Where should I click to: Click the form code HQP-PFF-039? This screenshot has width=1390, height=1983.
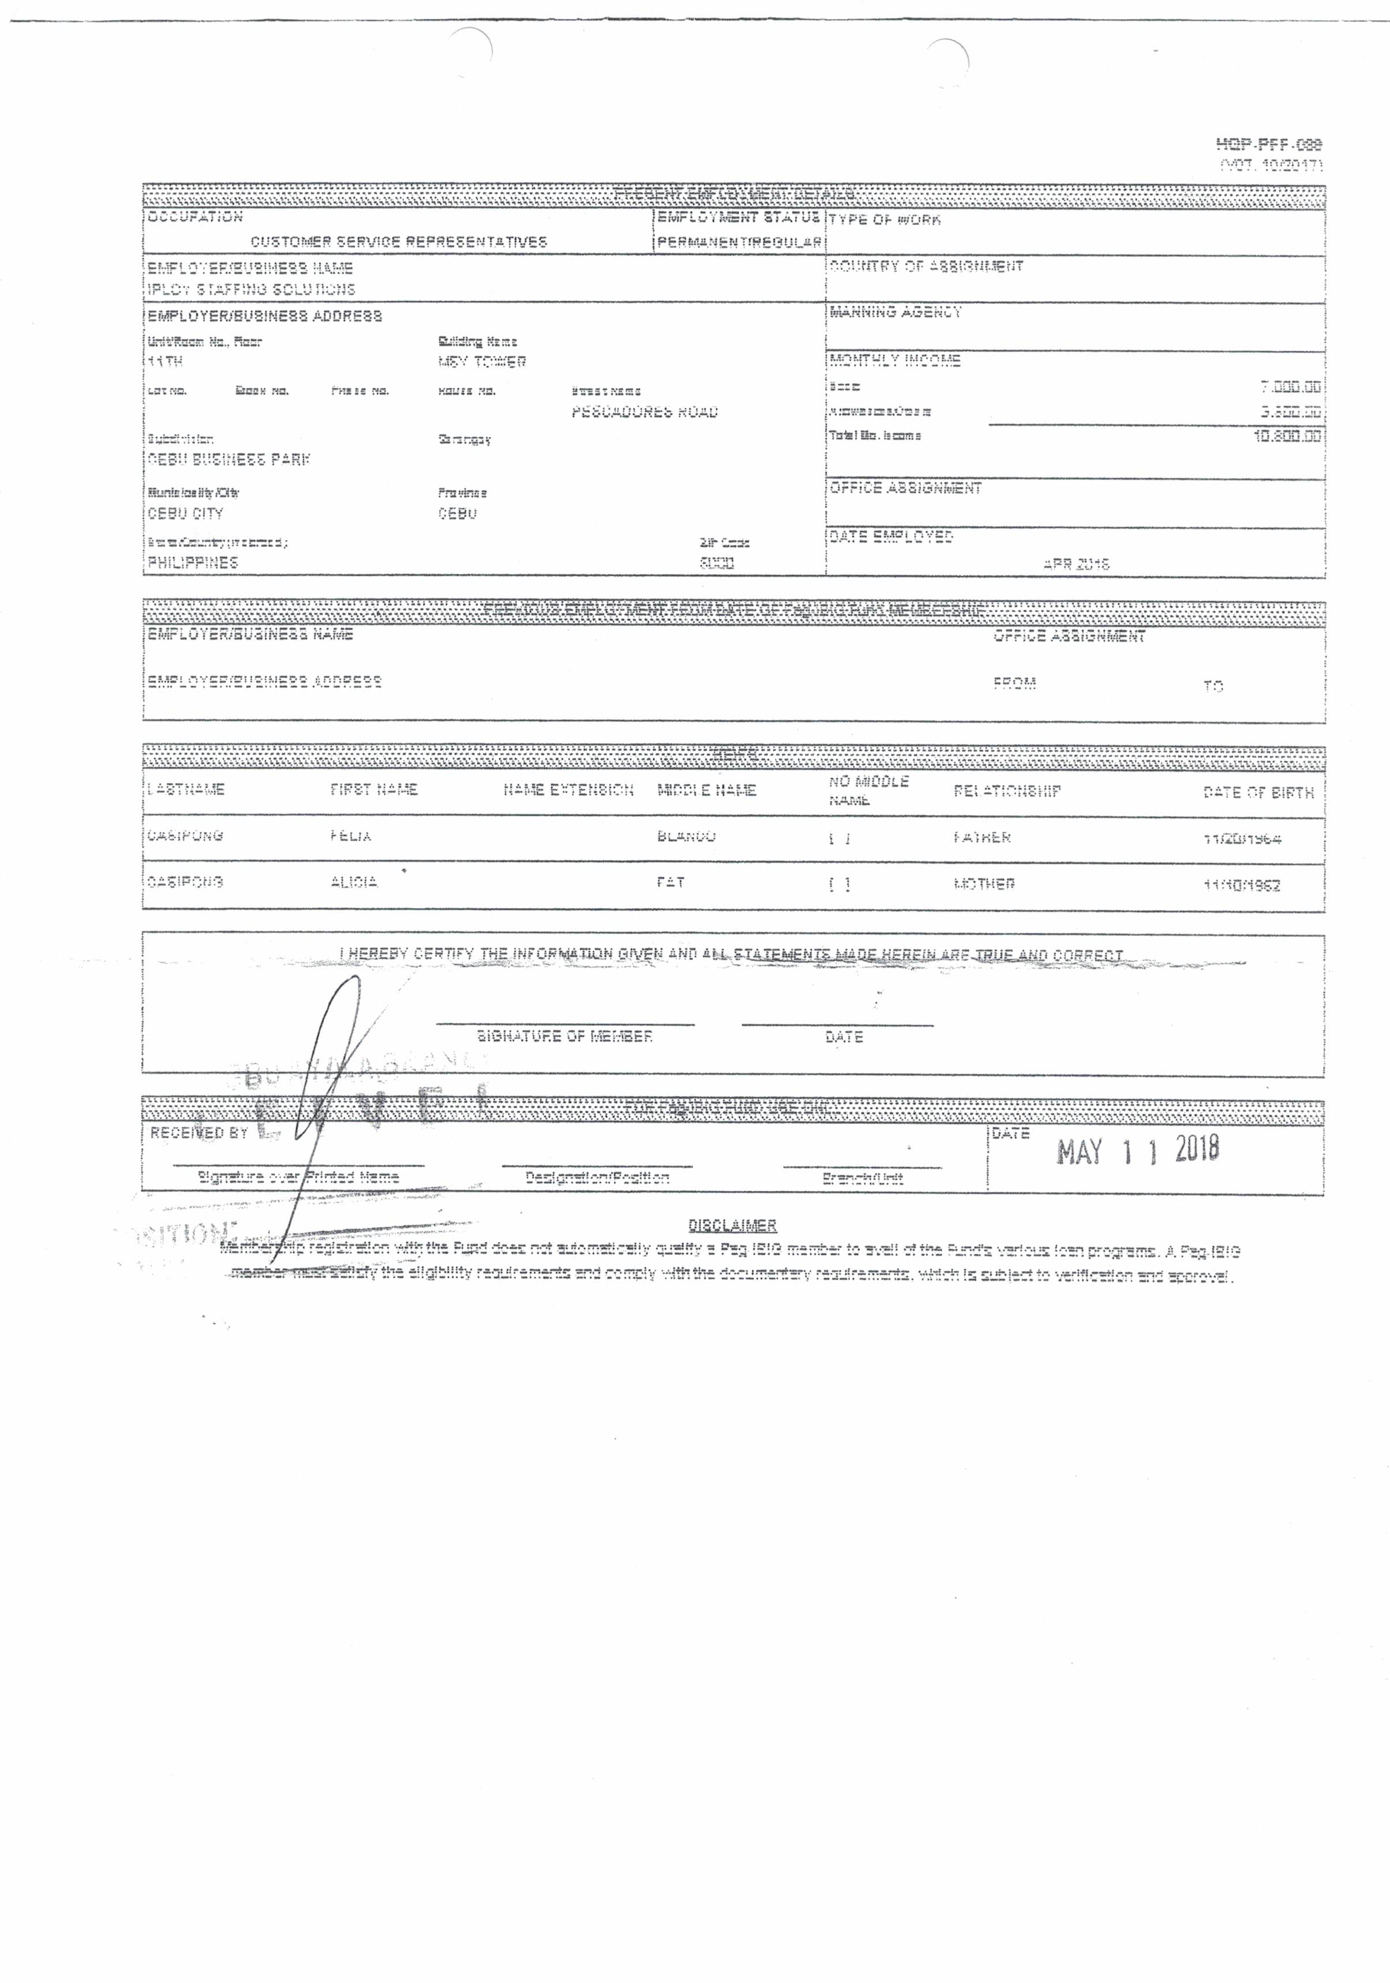point(1267,145)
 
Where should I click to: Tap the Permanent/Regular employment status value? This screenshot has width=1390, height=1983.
point(739,242)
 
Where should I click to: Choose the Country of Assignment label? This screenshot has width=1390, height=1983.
point(926,266)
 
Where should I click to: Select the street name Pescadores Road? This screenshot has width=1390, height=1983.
point(645,412)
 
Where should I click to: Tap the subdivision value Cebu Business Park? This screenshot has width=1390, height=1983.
point(228,459)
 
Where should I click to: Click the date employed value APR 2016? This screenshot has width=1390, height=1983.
point(1076,564)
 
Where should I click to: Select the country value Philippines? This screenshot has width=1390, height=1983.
point(193,563)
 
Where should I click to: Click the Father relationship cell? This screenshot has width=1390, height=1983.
point(982,837)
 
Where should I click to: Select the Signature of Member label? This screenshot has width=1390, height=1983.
point(565,1036)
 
